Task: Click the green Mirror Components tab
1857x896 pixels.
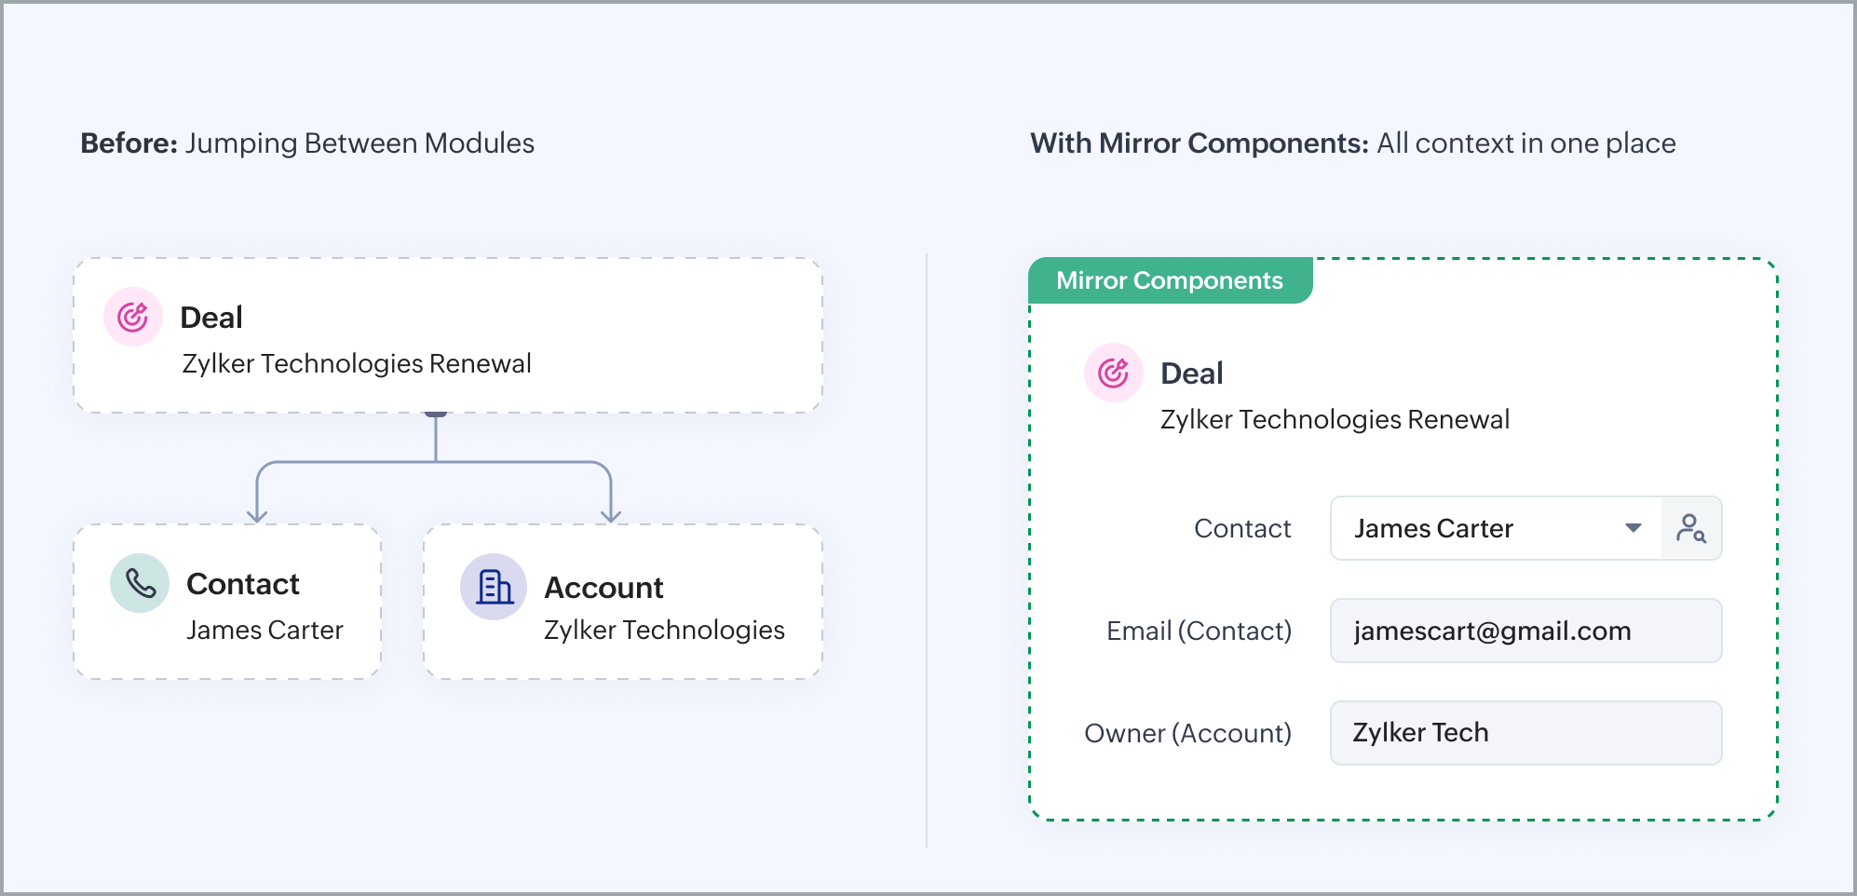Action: [x=1170, y=280]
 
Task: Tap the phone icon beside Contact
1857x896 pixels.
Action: [x=140, y=583]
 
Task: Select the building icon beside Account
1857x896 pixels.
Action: [x=494, y=587]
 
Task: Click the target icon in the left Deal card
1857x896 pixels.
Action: [x=133, y=317]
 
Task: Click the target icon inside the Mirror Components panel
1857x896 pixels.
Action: [x=1114, y=373]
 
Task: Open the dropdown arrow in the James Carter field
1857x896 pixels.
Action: [x=1633, y=528]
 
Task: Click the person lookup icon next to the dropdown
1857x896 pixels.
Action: [x=1691, y=528]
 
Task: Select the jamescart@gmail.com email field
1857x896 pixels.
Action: [x=1525, y=631]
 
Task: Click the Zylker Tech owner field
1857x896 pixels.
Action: [x=1525, y=733]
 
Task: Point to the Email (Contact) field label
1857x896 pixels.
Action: [x=1199, y=631]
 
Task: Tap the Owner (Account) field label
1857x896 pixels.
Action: [x=1187, y=733]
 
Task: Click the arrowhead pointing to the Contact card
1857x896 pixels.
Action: [x=257, y=515]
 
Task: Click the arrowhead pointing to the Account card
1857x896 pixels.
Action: [x=611, y=515]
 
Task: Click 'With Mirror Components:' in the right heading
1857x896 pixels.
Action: [x=1200, y=143]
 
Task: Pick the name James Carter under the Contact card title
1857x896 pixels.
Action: [x=264, y=631]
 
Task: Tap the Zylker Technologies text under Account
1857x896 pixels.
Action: [x=664, y=631]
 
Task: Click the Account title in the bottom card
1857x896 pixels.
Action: [x=603, y=588]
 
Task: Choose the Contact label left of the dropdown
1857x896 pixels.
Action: [x=1242, y=528]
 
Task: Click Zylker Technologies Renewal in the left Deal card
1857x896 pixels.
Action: [x=357, y=363]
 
